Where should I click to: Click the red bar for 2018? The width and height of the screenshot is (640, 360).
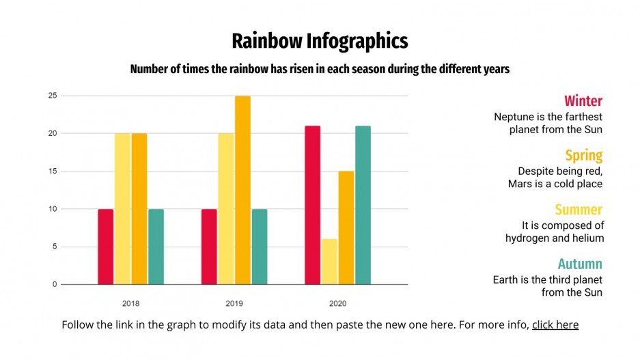coord(105,247)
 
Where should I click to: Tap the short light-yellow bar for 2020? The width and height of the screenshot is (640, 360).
coord(329,262)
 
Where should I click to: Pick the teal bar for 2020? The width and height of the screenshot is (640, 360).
coord(363,205)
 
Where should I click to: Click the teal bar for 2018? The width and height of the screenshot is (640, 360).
coord(156,247)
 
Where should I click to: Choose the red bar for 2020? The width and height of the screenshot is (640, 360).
coord(312,205)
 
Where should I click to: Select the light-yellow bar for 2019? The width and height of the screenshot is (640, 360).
coord(225,209)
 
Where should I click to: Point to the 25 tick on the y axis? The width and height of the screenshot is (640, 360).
coord(52,96)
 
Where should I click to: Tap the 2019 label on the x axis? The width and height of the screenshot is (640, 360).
coord(234,303)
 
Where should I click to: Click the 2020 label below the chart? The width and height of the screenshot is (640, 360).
coord(337,303)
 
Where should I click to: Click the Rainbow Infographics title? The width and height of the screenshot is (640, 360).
coord(320,41)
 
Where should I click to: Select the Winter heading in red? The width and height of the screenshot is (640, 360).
coord(583,101)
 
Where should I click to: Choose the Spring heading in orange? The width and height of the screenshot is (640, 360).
coord(584,155)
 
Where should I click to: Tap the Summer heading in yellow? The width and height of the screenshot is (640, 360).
coord(579,210)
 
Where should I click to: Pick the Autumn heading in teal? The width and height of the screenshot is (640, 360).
coord(580,264)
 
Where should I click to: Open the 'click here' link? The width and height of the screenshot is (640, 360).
coord(555,325)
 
